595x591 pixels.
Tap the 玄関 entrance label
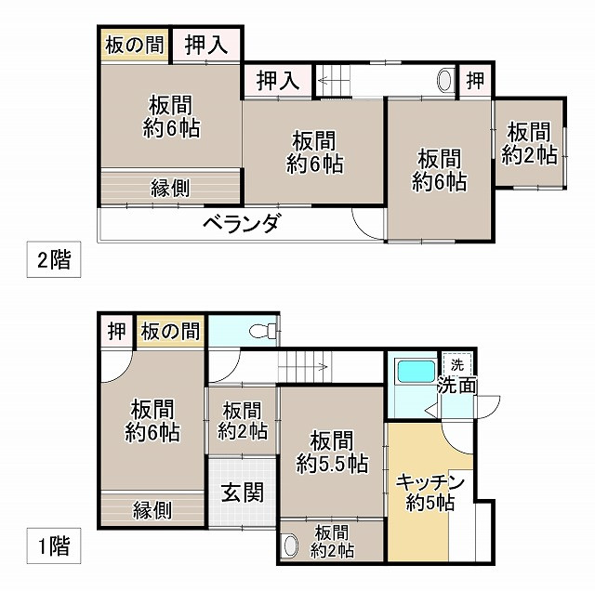242,493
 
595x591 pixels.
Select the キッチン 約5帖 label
430,492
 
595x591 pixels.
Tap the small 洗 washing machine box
456,363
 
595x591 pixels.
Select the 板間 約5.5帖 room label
332,451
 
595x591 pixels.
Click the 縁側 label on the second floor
171,188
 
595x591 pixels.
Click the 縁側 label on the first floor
152,509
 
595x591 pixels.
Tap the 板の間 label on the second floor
134,44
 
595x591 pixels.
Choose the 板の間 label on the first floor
170,330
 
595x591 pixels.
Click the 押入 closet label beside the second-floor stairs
278,80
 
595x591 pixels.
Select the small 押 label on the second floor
475,81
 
